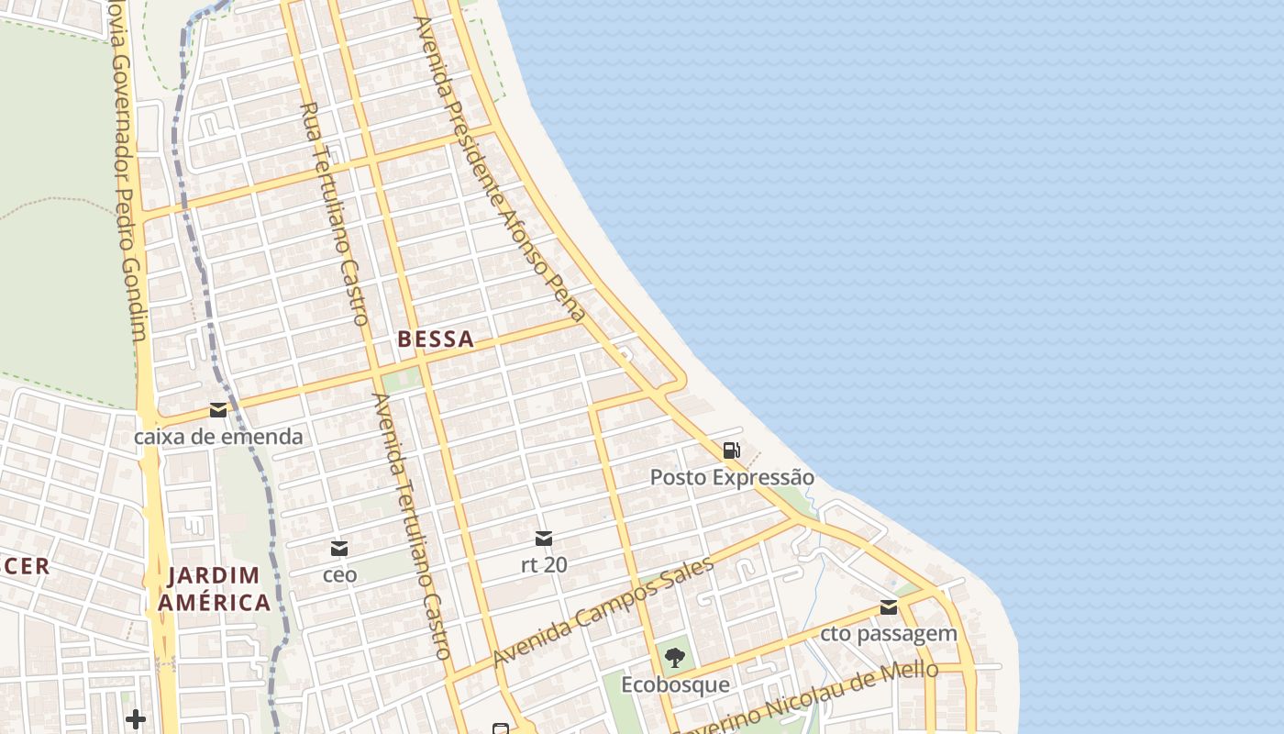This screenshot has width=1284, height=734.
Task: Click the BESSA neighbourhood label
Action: tap(436, 339)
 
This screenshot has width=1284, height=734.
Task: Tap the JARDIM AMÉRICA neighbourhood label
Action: tap(214, 589)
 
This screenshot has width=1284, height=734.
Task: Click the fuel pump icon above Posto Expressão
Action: tap(732, 450)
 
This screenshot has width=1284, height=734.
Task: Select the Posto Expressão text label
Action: tap(732, 477)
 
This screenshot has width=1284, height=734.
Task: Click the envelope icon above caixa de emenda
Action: tap(218, 410)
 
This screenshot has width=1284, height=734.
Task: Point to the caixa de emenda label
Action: tap(218, 437)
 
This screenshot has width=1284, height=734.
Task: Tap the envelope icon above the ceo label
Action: tap(339, 549)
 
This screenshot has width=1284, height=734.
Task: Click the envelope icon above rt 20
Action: tap(544, 539)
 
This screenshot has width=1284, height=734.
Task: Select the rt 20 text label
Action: tap(544, 565)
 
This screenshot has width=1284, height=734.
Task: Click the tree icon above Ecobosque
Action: tap(675, 658)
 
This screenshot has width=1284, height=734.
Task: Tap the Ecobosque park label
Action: tap(675, 685)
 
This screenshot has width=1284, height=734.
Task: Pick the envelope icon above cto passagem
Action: tap(889, 607)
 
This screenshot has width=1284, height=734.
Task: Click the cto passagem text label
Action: tap(889, 634)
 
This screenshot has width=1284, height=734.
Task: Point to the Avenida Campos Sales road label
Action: tap(603, 613)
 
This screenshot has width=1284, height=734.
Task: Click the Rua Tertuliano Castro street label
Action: tap(335, 213)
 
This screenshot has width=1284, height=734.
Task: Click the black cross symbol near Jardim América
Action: tap(136, 718)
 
